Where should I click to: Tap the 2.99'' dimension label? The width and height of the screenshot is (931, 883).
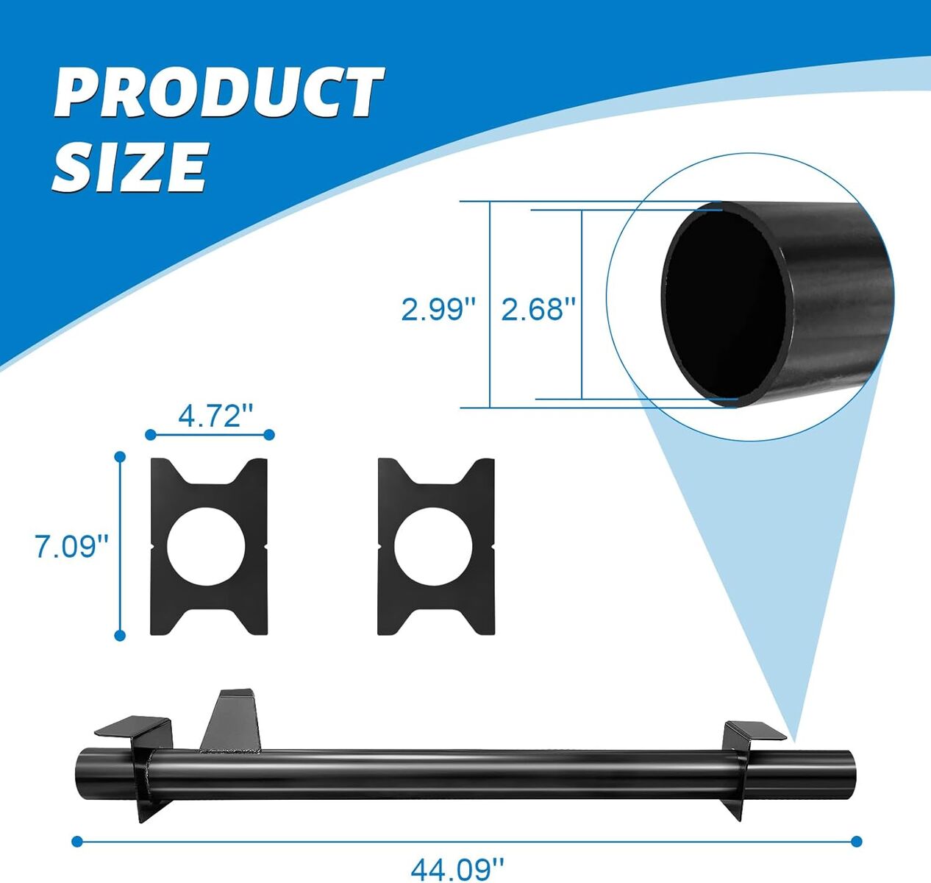click(x=438, y=310)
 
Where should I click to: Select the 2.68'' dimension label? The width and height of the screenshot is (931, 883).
click(x=538, y=308)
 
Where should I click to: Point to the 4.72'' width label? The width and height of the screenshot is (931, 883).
click(x=215, y=416)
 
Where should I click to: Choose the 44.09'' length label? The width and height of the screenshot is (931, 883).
click(x=457, y=868)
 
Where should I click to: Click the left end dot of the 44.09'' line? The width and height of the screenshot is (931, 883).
click(x=77, y=842)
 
